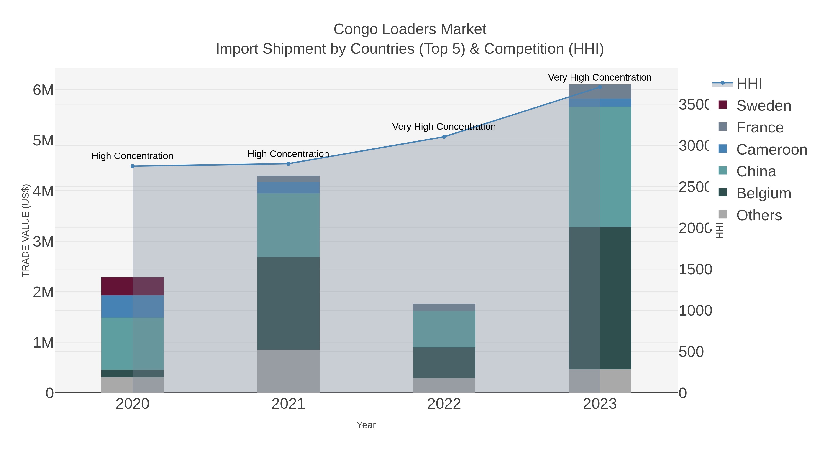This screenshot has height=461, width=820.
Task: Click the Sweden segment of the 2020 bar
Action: (x=132, y=286)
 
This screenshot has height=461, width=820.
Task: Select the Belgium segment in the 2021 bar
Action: (x=288, y=303)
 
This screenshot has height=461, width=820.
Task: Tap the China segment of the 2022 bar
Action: (x=444, y=329)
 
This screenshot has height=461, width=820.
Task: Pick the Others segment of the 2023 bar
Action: (x=600, y=381)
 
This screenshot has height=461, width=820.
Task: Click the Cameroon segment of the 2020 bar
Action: (x=132, y=306)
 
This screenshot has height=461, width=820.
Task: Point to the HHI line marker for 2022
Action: (x=444, y=137)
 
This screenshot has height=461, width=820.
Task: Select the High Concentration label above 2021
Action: (x=288, y=154)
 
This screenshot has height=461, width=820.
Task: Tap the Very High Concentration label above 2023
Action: (x=600, y=78)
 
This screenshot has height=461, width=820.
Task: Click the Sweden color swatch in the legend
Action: (x=723, y=105)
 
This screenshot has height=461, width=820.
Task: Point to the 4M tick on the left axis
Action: (x=43, y=191)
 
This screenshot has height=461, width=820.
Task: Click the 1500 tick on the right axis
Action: (x=695, y=270)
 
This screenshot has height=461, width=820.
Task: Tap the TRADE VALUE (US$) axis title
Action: (x=26, y=230)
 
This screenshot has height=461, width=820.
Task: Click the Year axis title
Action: (x=366, y=425)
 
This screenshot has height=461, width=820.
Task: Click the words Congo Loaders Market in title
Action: (x=410, y=29)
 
